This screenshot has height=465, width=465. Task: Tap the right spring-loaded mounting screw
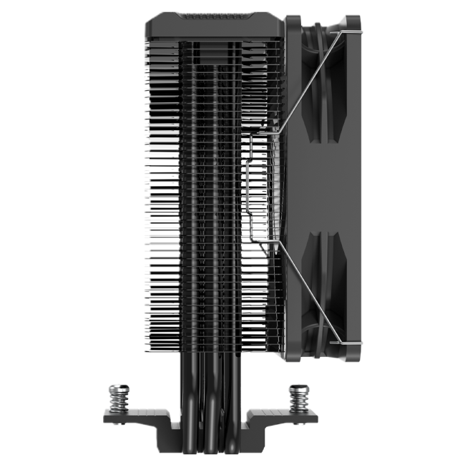(x=296, y=395)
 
